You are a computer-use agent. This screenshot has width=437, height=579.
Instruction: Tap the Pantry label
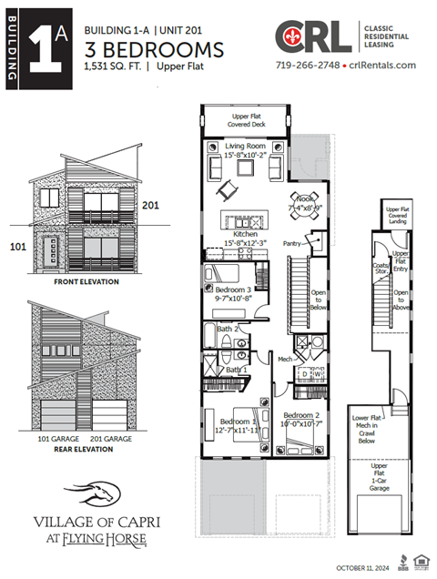click(x=294, y=243)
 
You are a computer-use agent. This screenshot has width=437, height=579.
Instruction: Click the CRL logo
click(x=313, y=38)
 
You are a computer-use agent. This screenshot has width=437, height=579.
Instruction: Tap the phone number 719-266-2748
click(x=305, y=66)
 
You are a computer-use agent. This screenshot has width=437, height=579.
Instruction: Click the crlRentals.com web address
click(x=380, y=66)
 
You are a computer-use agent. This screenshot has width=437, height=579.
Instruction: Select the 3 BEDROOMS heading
click(x=153, y=48)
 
